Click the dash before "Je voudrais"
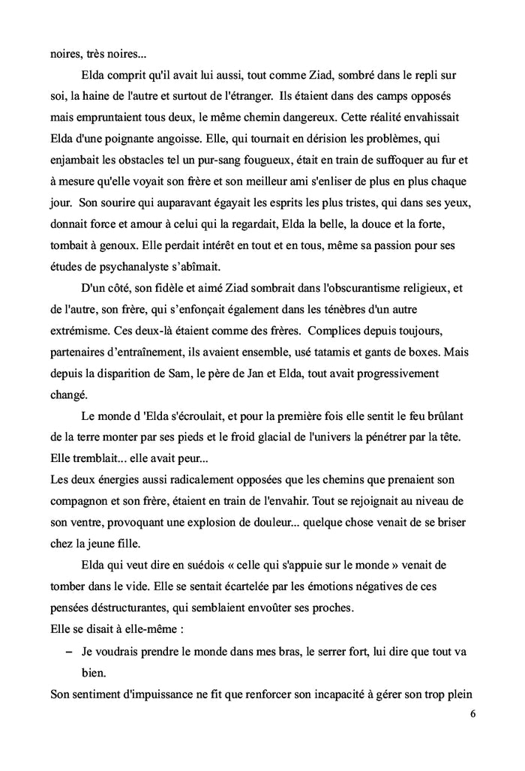tap(70, 652)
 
